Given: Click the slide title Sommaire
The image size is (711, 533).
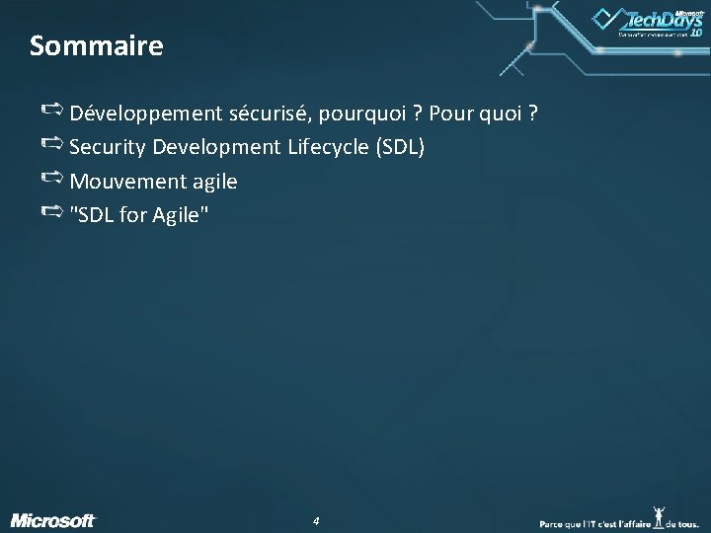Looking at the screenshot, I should [x=96, y=45].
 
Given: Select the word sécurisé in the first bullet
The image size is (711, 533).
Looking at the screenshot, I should [x=256, y=114].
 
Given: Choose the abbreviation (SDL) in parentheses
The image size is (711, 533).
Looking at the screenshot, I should [x=399, y=147].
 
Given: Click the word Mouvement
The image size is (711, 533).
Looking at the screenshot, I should [x=124, y=182].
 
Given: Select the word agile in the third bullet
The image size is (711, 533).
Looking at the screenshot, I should [x=210, y=182].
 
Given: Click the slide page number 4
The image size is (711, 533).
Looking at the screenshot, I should [x=315, y=519].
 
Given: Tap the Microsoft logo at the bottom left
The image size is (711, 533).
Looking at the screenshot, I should [x=53, y=519].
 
